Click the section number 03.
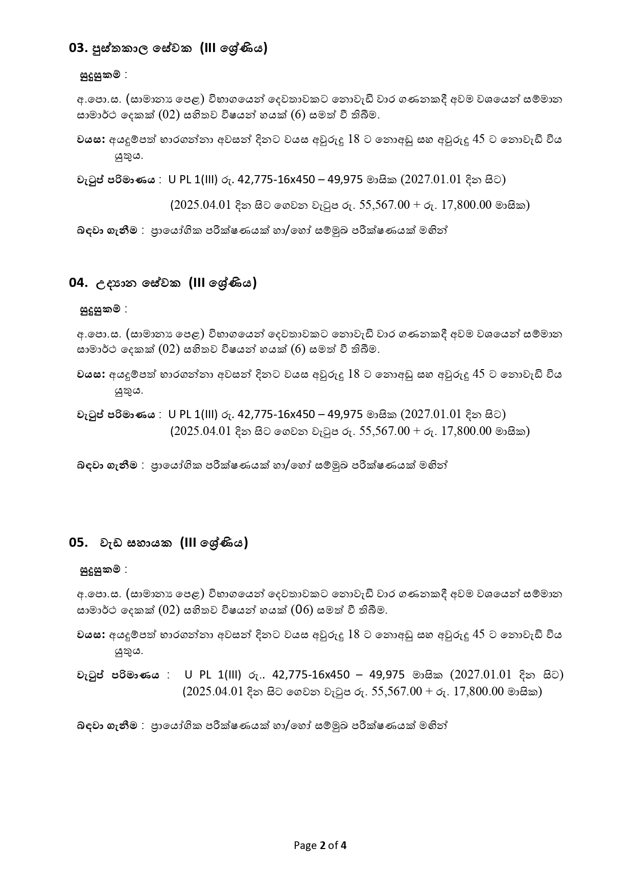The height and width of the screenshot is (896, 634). point(78,49)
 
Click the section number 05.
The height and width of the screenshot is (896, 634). point(78,543)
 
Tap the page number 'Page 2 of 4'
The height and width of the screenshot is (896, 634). point(320,845)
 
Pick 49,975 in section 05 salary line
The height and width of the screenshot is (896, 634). point(387,675)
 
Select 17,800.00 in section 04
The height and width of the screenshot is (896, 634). point(465,431)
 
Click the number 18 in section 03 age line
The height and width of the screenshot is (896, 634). point(354,139)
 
